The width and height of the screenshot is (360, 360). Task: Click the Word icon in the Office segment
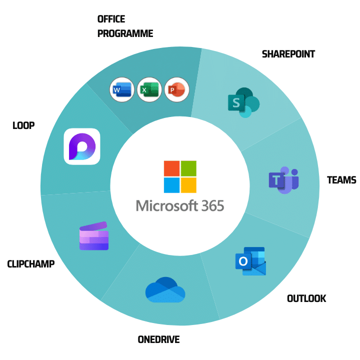(121, 90)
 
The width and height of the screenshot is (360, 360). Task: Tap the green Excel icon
(149, 90)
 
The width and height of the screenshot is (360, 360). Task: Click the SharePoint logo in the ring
(243, 102)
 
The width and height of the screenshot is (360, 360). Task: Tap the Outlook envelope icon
(250, 261)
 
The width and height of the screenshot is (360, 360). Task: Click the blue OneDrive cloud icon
(165, 290)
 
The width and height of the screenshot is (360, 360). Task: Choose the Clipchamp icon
(94, 236)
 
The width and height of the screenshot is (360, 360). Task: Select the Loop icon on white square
(82, 146)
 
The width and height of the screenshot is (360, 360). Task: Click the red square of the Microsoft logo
(171, 168)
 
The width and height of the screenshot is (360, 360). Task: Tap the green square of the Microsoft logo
(188, 168)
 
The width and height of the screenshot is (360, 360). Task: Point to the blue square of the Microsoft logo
(171, 185)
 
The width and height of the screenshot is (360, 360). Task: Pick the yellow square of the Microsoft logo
(188, 185)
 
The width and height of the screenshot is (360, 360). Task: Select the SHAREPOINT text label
(288, 54)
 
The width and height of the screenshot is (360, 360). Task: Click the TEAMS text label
(341, 180)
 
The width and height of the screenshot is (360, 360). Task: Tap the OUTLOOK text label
(306, 298)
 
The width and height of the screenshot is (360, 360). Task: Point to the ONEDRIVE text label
(158, 340)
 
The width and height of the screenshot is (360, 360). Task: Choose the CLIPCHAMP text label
(31, 263)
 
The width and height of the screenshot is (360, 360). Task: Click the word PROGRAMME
(125, 34)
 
